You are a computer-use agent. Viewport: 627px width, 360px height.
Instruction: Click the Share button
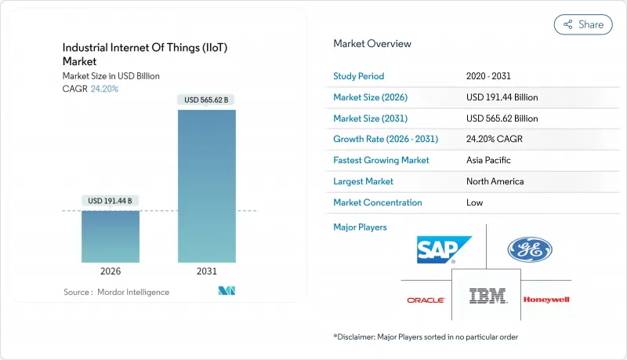[x=583, y=24]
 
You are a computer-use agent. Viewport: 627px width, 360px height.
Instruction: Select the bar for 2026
[x=111, y=236]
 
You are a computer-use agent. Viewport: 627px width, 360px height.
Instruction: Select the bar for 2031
[x=207, y=186]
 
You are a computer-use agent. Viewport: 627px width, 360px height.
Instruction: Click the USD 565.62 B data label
[x=207, y=100]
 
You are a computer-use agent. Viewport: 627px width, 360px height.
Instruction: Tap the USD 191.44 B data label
[x=111, y=201]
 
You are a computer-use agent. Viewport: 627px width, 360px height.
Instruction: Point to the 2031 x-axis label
[x=207, y=271]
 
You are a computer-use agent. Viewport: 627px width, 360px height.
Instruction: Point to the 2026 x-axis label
[x=111, y=271]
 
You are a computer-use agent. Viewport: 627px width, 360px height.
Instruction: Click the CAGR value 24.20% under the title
[x=104, y=89]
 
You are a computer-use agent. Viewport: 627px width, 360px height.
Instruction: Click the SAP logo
[x=444, y=250]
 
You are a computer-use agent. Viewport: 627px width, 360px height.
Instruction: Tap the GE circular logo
[x=530, y=250]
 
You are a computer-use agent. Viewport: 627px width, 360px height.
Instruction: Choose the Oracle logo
[x=426, y=300]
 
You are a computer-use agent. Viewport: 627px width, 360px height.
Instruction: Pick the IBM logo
[x=487, y=296]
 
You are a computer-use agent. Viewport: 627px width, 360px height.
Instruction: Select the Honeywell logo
[x=547, y=300]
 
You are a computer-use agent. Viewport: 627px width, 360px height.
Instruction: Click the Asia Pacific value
[x=488, y=160]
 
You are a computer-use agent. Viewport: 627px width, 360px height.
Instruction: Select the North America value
[x=495, y=181]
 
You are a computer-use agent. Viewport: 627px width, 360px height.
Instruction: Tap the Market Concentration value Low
[x=474, y=202]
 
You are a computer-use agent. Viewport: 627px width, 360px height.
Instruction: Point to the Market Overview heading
[x=371, y=44]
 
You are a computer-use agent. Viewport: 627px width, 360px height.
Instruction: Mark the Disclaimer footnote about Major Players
[x=425, y=336]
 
